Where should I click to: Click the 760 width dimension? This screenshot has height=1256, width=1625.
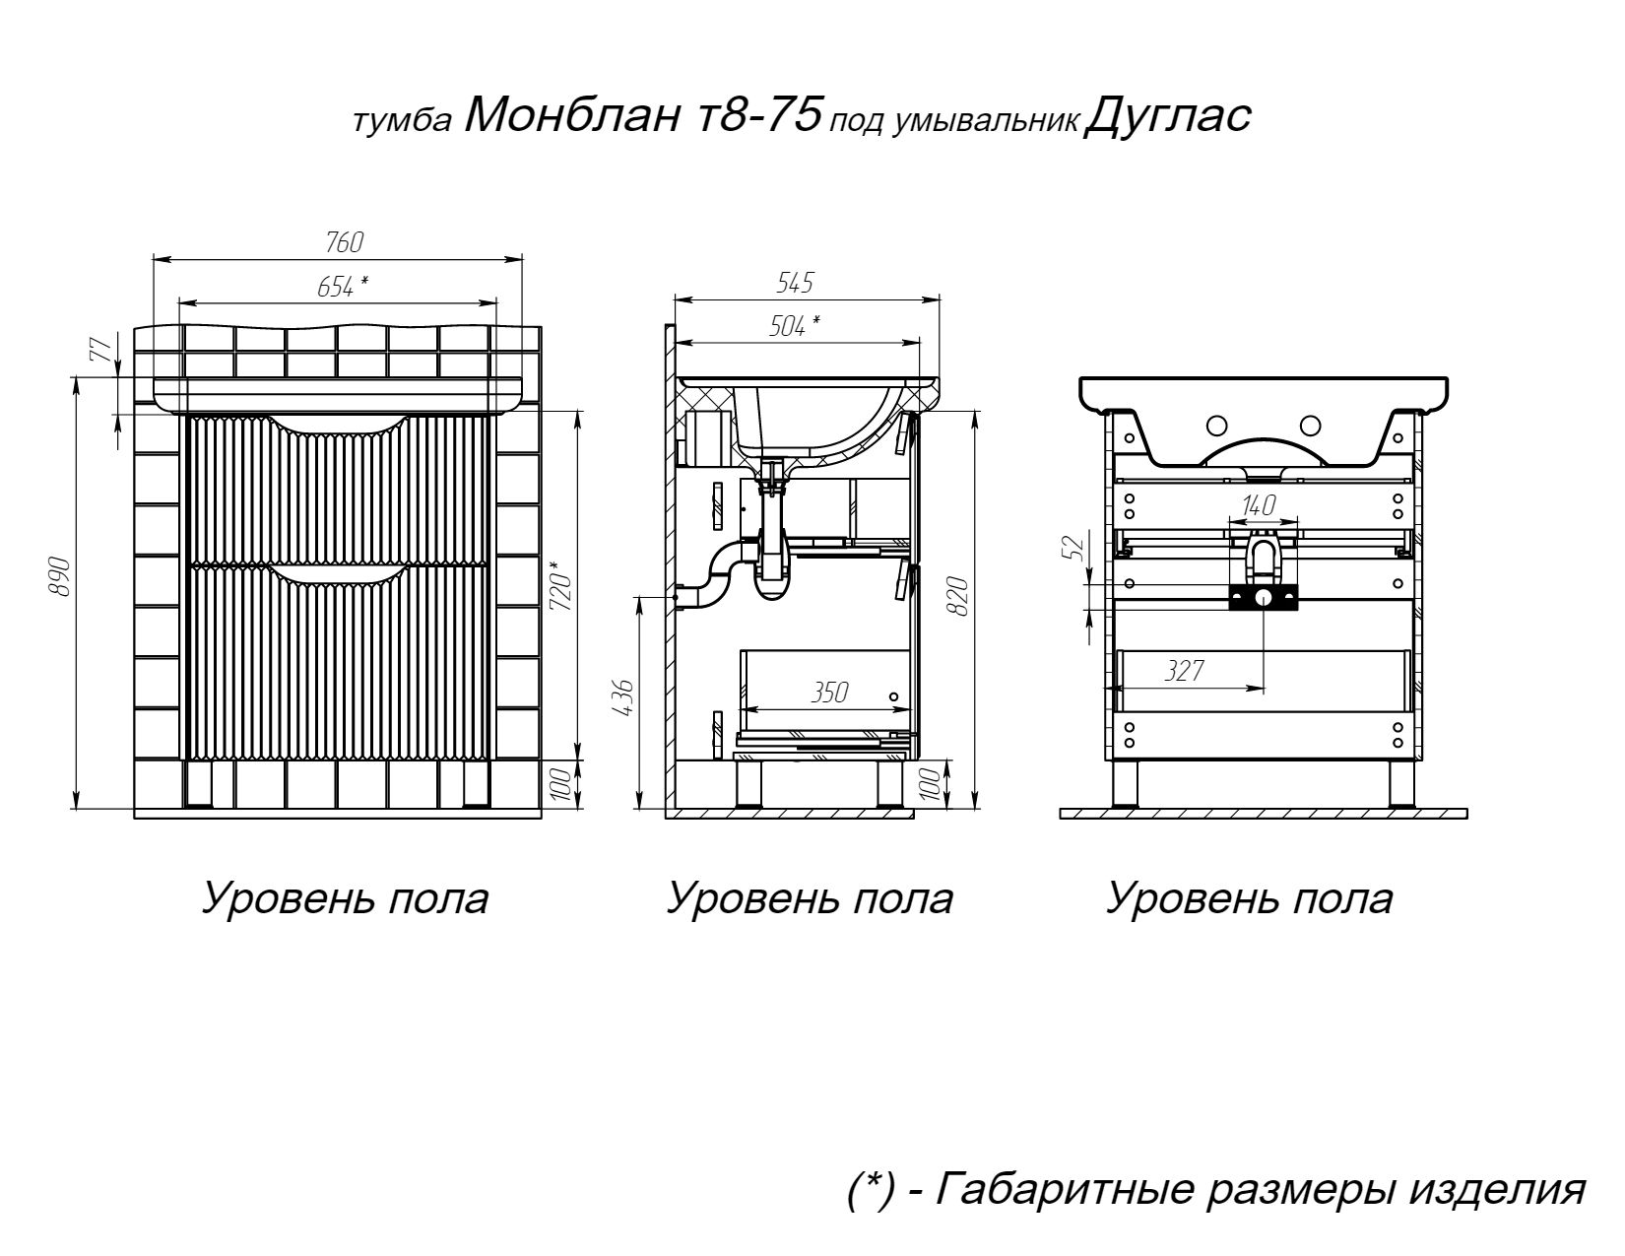tap(345, 242)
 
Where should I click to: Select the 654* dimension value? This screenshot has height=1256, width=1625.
tap(343, 286)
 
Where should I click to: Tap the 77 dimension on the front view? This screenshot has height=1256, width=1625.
tap(100, 350)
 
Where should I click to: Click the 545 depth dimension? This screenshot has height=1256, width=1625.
tap(794, 283)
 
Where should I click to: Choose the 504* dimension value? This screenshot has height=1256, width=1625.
tap(794, 326)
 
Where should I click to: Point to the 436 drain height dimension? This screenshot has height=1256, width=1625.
tap(624, 697)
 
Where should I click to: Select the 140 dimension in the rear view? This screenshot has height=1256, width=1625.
tap(1260, 505)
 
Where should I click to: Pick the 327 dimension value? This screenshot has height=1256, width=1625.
tap(1185, 671)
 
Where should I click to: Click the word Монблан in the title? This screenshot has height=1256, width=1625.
tap(571, 116)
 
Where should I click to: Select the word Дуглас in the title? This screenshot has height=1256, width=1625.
tap(1167, 117)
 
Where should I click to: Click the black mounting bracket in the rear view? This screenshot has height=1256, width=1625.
tap(1263, 598)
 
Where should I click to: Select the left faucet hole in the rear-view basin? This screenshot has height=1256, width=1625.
tap(1217, 427)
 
